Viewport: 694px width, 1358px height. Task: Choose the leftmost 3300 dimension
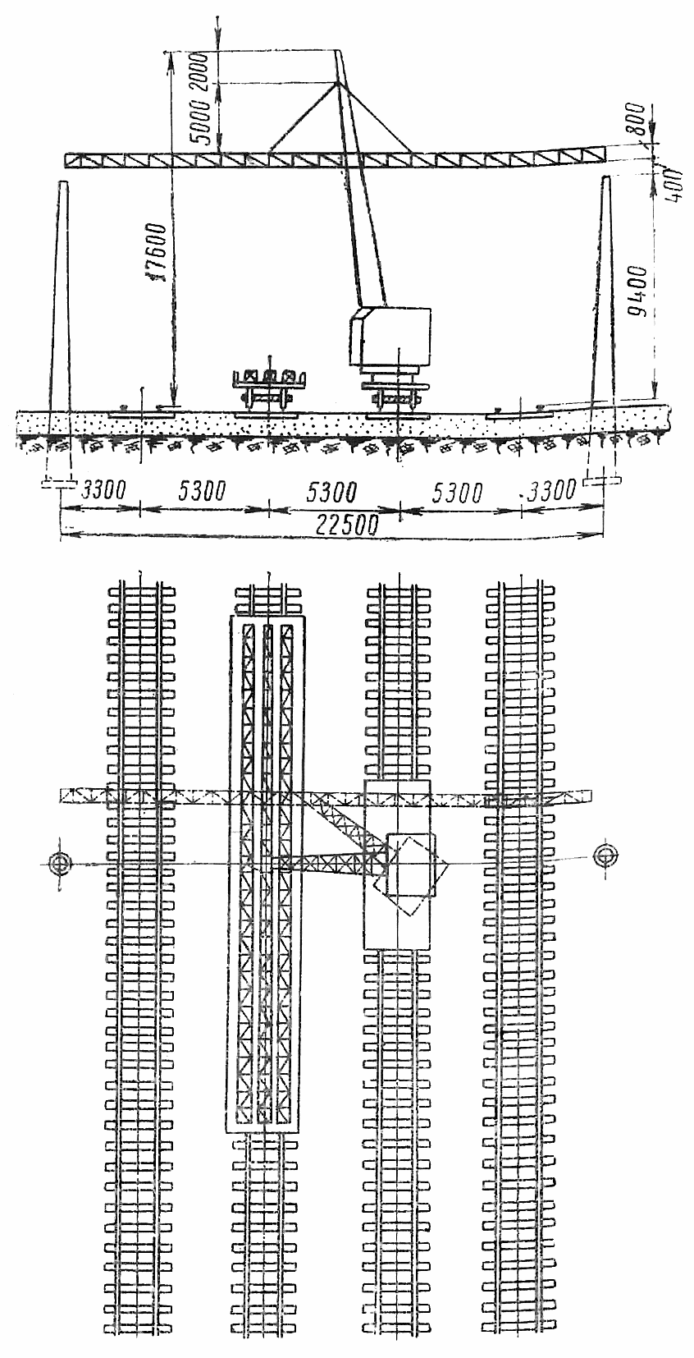tap(104, 489)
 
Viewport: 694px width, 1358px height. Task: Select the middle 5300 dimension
tap(330, 492)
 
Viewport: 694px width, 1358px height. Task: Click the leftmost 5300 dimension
tap(203, 490)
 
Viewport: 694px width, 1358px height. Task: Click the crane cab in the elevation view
tap(390, 337)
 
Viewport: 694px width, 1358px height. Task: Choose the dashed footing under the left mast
tap(59, 484)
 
